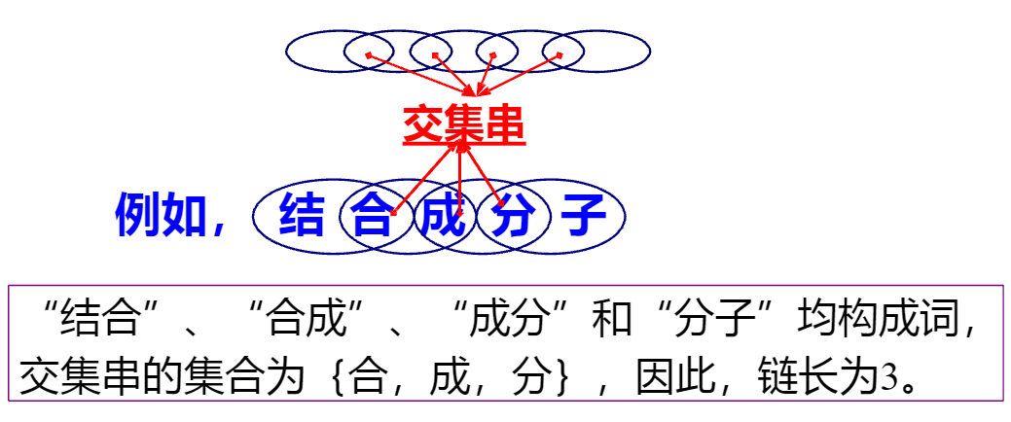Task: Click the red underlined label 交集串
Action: pos(464,125)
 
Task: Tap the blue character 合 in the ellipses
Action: pos(371,216)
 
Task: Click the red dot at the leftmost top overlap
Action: pos(368,53)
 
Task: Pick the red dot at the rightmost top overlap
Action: pos(560,53)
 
